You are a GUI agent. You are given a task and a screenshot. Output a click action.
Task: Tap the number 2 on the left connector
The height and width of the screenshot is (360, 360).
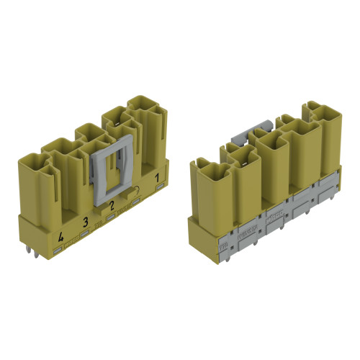click(x=111, y=206)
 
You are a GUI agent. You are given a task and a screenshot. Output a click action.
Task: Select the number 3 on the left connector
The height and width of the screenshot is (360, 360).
click(x=85, y=221)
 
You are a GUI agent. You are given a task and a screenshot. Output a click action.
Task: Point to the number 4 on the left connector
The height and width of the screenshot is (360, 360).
click(x=60, y=236)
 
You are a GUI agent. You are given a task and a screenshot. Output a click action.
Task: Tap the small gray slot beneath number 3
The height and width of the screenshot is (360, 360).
click(x=85, y=233)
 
